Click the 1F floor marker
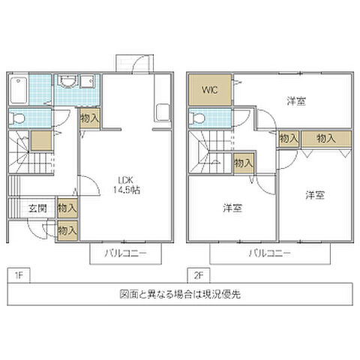(16, 275)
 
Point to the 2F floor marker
(197, 275)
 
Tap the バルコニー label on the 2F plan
(271, 253)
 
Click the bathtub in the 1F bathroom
(18, 91)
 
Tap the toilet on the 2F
(198, 118)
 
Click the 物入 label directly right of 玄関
(67, 206)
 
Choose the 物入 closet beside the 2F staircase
(242, 162)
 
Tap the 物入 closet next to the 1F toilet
(88, 118)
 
